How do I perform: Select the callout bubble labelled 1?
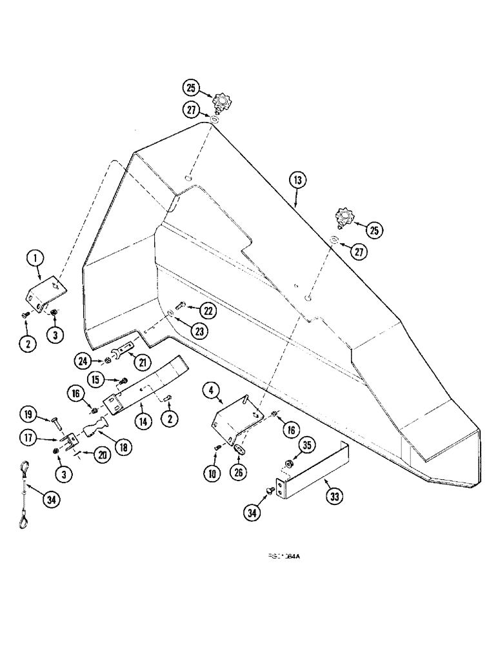pyautogui.click(x=35, y=259)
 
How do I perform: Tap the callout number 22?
pyautogui.click(x=208, y=310)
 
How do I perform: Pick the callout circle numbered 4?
pyautogui.click(x=209, y=390)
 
